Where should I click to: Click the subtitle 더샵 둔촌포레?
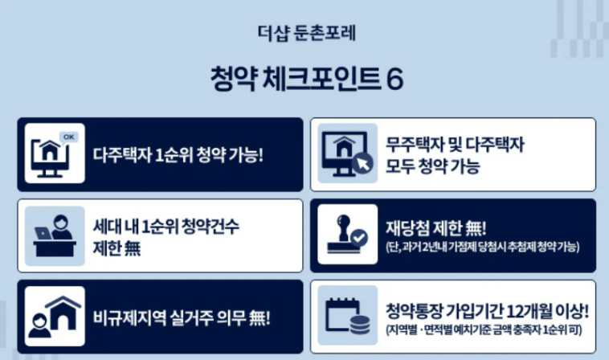(x=306, y=34)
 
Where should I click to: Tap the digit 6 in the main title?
(x=395, y=79)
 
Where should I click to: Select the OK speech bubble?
(x=69, y=137)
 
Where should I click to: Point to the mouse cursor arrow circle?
(x=363, y=164)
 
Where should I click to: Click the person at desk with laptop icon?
(x=55, y=235)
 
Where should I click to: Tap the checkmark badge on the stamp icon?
(x=359, y=238)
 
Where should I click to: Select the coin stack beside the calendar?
(x=360, y=325)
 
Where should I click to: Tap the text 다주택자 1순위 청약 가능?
(x=178, y=155)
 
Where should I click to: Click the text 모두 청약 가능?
(x=433, y=166)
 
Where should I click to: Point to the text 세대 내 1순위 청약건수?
(x=166, y=227)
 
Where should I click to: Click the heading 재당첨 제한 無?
(x=435, y=227)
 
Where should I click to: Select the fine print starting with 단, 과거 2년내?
(x=483, y=247)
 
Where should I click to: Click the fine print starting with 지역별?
(x=484, y=330)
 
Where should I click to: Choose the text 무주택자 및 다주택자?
(x=455, y=145)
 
